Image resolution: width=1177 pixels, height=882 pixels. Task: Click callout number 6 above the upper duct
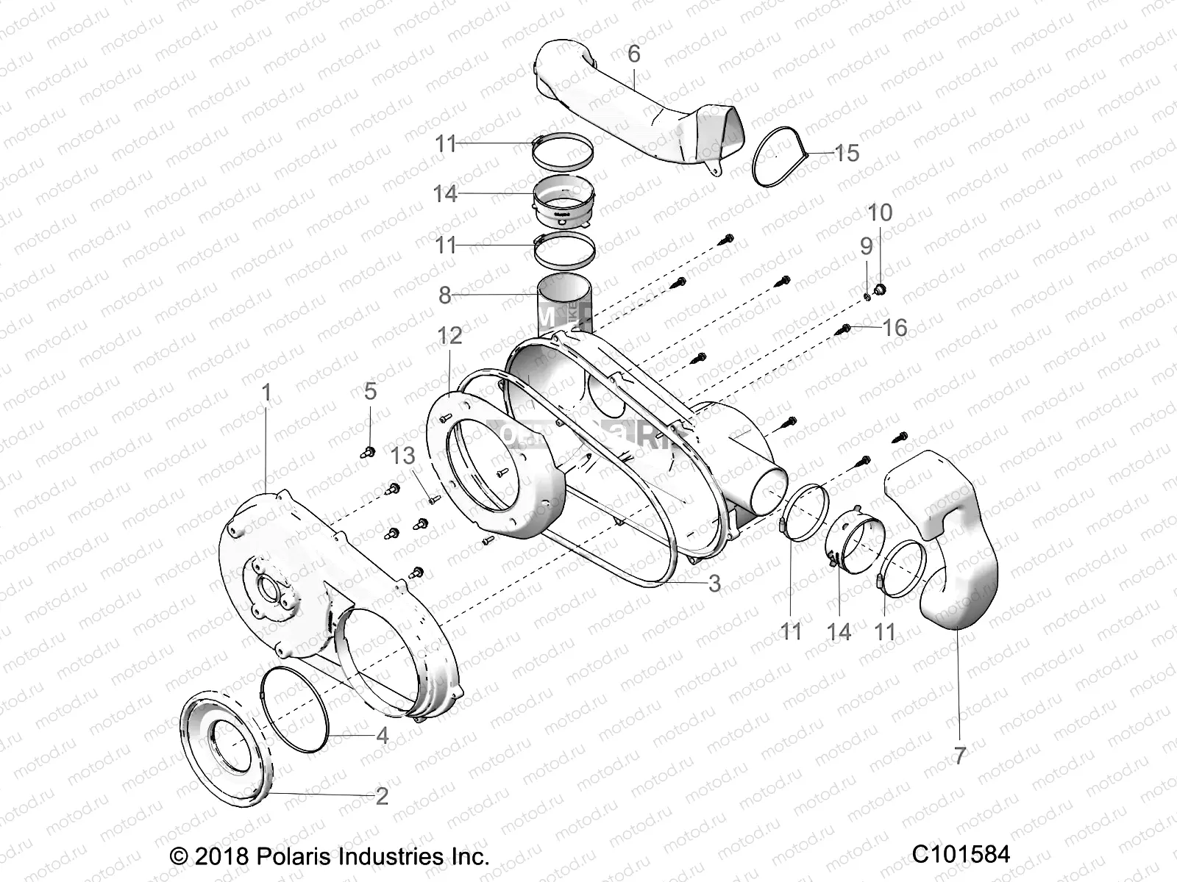coord(633,54)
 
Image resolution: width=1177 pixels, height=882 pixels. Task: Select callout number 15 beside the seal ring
coord(846,153)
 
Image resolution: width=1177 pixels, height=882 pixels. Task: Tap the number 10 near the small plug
coord(880,212)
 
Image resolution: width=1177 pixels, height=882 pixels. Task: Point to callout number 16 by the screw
coord(895,327)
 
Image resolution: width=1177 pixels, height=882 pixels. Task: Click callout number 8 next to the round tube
coord(444,295)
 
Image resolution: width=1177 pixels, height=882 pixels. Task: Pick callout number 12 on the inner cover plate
coord(449,336)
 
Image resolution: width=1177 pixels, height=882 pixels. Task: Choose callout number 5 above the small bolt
coord(370,391)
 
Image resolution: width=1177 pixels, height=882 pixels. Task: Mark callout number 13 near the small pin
coord(403,456)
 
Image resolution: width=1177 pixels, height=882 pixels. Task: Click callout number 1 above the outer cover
coord(266,392)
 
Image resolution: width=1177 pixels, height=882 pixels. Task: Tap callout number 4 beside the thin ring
coord(382,735)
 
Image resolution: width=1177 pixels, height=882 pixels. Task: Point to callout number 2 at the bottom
coord(381,796)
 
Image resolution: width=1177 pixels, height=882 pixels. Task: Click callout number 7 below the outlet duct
coord(959,756)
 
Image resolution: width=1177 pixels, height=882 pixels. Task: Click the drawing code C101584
coord(961,854)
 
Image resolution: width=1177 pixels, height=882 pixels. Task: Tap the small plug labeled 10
coord(882,288)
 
